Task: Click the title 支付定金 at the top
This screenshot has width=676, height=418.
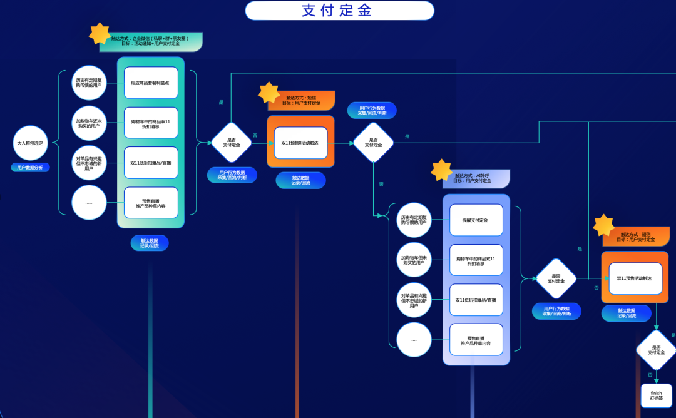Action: (x=339, y=11)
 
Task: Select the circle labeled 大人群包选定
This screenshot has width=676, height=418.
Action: (x=30, y=143)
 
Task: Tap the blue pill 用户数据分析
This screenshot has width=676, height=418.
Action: (x=30, y=168)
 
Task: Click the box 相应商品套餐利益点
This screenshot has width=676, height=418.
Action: (x=151, y=83)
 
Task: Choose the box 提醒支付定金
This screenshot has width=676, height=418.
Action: (x=476, y=220)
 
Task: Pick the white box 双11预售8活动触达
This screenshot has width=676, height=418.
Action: (x=300, y=143)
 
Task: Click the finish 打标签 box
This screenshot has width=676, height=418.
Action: (x=656, y=396)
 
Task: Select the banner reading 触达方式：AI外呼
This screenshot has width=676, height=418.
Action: (x=476, y=178)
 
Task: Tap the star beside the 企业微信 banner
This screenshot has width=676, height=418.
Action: (x=100, y=34)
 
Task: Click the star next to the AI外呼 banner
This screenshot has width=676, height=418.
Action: (x=441, y=170)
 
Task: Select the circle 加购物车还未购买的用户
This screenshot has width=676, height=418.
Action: (x=89, y=123)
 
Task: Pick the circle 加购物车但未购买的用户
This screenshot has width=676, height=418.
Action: (x=414, y=260)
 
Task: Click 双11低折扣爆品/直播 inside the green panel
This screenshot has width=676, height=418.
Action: (x=151, y=163)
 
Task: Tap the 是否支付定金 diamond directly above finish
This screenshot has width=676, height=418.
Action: (x=656, y=350)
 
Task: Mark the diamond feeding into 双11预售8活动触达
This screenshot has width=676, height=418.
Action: (x=231, y=143)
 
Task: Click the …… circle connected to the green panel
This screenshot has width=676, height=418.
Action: (x=89, y=203)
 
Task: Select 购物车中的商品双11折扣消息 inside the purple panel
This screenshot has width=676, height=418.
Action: (x=476, y=260)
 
